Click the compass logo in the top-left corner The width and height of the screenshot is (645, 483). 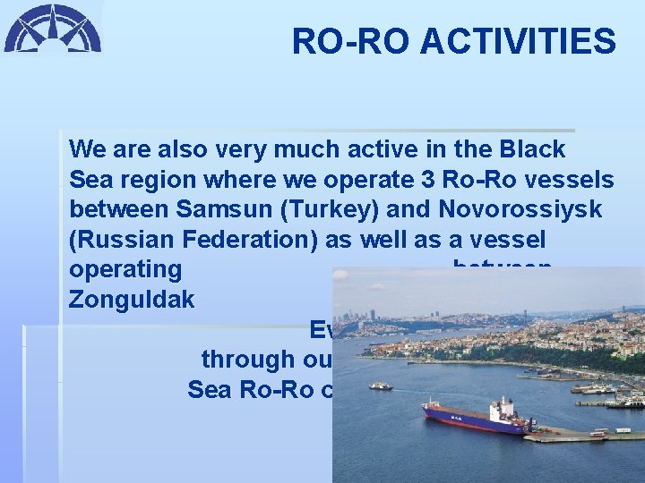(52, 29)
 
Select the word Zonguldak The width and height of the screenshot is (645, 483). (132, 300)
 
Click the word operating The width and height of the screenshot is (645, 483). (125, 270)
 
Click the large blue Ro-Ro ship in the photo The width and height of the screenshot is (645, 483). (475, 419)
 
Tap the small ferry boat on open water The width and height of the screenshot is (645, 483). (380, 386)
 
